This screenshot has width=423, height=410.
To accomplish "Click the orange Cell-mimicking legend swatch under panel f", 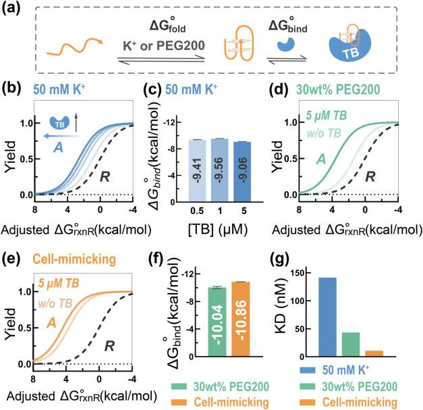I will coord(177,403).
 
